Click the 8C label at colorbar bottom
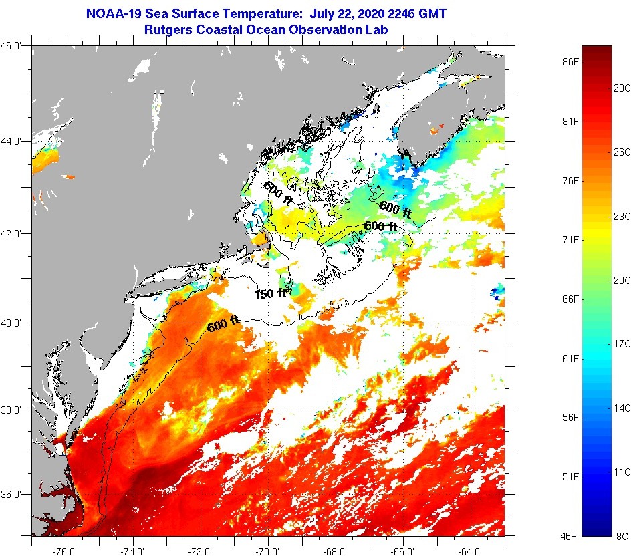pos(622,535)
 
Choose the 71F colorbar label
pos(570,239)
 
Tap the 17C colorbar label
pos(622,343)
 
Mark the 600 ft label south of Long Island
pos(223,325)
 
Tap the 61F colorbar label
pos(570,358)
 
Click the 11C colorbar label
pos(622,471)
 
